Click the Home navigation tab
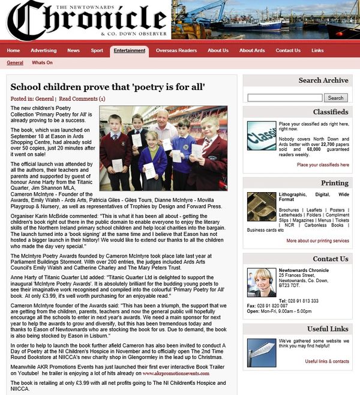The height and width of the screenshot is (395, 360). pos(13,50)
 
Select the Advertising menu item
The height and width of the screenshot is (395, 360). pos(43,50)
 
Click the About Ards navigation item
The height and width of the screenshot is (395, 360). pos(252,50)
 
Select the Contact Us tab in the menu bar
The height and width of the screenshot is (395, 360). pos(288,50)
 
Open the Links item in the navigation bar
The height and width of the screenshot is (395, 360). pos(317,50)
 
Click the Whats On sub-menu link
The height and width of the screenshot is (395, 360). pos(42,62)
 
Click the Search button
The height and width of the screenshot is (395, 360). pos(335,98)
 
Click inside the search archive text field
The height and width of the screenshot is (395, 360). pos(284,98)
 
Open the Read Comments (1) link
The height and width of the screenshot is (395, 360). pos(82,98)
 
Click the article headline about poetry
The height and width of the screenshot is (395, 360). pos(108,87)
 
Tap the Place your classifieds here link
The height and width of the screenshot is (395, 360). pos(323,164)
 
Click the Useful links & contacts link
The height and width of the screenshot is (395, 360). pos(327,361)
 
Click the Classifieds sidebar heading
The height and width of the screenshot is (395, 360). pos(330,112)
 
